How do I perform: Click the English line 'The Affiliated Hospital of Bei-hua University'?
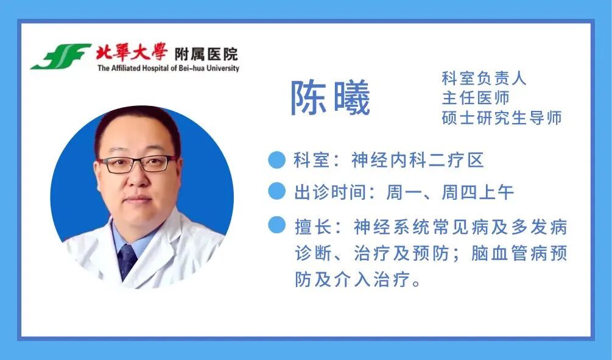coord(168,68)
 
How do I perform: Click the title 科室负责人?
coord(484,78)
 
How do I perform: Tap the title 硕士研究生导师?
coord(501,118)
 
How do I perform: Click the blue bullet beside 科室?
coord(276,160)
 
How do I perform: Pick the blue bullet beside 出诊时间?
coord(276,192)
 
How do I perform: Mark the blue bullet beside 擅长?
coord(276,225)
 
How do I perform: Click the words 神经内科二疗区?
coord(417,160)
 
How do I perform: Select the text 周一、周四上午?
coord(450,192)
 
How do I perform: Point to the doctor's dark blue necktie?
coord(127,261)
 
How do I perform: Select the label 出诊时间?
coord(331,192)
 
